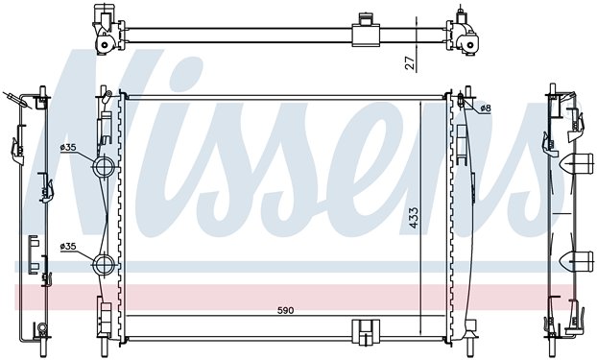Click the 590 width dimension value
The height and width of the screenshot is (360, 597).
286,310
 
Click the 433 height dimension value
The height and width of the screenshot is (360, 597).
414,218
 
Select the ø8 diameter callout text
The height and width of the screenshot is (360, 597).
486,108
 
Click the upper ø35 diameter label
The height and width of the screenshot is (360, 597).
68,148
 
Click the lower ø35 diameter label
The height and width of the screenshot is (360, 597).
68,247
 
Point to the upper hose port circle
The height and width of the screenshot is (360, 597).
104,166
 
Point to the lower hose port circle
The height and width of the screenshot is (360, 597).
104,264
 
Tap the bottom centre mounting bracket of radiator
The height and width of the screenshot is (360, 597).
366,331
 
